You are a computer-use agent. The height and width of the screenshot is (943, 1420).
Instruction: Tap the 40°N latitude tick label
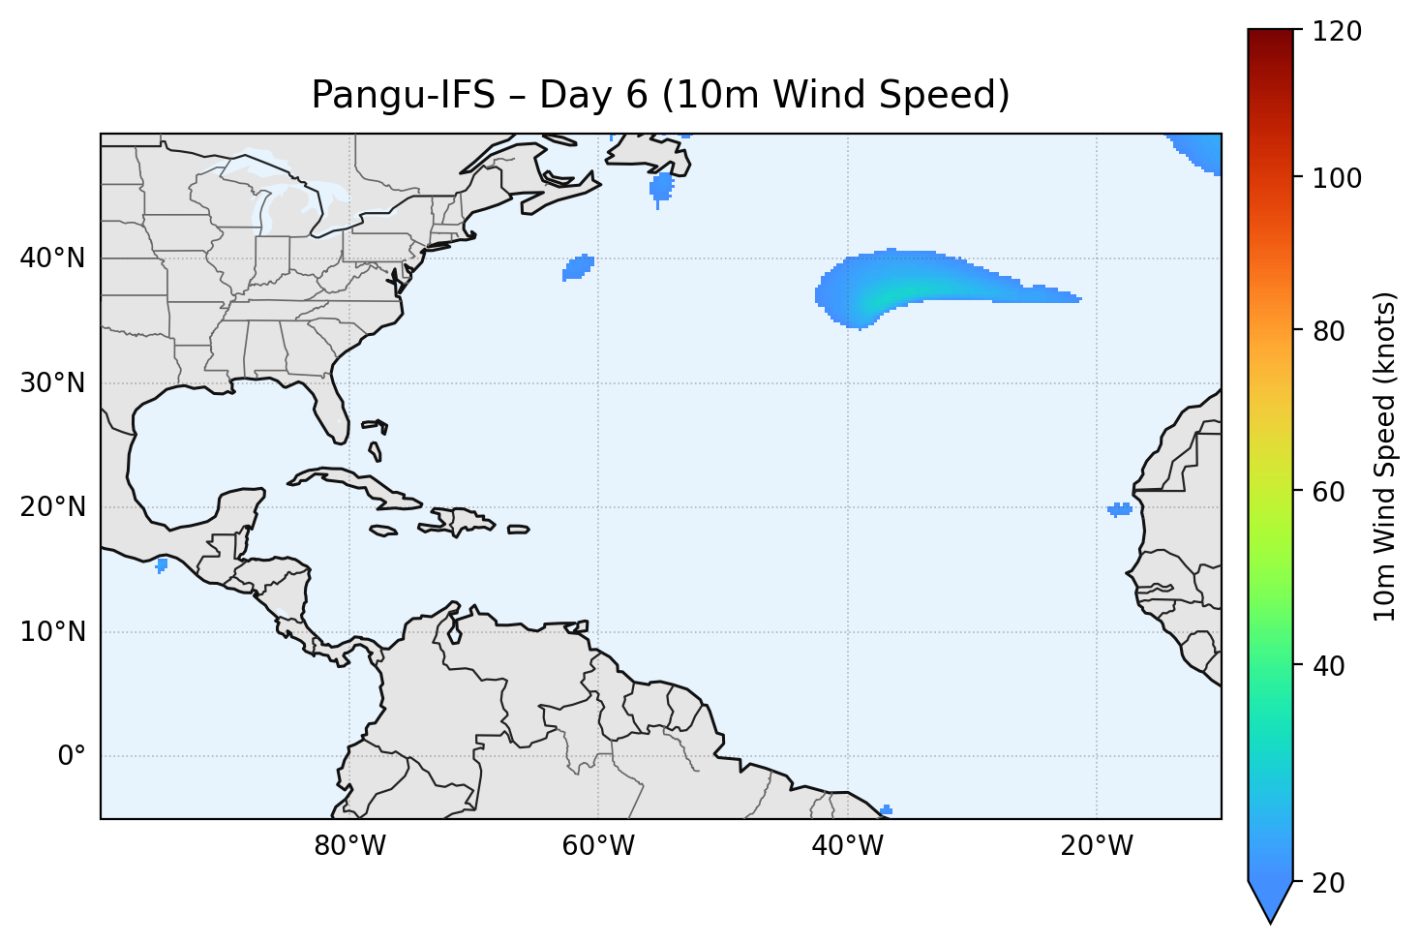(x=52, y=259)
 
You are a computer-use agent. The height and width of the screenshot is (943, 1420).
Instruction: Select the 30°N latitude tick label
(x=52, y=383)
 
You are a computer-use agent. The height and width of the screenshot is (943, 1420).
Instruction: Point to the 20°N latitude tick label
(x=52, y=507)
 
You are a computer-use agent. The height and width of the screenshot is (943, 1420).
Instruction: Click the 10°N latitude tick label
(x=52, y=632)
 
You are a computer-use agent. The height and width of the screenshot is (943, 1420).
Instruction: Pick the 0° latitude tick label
(x=71, y=756)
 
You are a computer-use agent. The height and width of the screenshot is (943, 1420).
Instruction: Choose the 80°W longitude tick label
(x=349, y=846)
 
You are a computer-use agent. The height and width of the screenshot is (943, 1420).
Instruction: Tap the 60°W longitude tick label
(x=598, y=846)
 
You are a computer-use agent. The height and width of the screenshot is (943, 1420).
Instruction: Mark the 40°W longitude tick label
(x=848, y=846)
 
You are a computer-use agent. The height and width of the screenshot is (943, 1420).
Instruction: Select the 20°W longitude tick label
(x=1097, y=846)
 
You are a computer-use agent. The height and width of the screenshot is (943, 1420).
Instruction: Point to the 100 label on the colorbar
(x=1335, y=178)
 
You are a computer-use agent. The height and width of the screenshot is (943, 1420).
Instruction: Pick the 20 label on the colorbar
(x=1328, y=883)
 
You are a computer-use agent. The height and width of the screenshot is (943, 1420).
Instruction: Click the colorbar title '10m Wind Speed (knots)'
(x=1385, y=457)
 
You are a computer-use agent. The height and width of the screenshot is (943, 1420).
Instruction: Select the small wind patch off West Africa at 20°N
(x=1120, y=509)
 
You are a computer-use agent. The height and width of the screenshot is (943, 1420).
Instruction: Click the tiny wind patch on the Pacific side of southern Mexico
(x=162, y=564)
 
